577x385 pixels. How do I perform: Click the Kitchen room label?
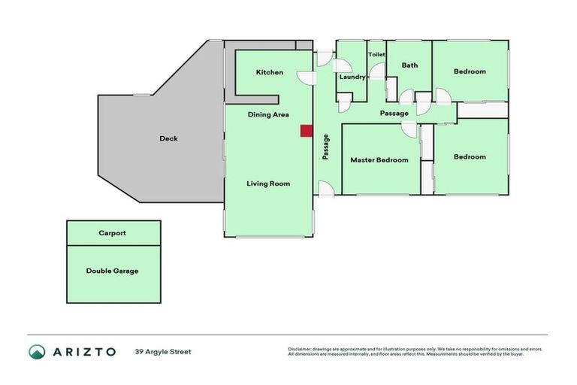(x=270, y=72)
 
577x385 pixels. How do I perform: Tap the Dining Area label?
(x=269, y=115)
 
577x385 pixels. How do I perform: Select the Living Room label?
(x=268, y=183)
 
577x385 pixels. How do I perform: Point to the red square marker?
(x=306, y=131)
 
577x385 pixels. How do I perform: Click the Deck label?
(x=168, y=138)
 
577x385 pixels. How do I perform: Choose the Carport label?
(x=113, y=233)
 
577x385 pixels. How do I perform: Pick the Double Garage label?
(x=113, y=271)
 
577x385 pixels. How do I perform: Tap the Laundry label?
(x=352, y=77)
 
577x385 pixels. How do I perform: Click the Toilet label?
(x=376, y=55)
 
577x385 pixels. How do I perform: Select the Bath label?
(x=409, y=65)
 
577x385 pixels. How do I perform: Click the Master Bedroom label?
(x=379, y=160)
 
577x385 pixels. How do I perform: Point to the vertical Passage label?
(x=326, y=147)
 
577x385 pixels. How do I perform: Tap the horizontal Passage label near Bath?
(x=394, y=114)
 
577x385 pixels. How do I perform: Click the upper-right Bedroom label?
(x=470, y=72)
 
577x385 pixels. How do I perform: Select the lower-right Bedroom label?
(x=470, y=157)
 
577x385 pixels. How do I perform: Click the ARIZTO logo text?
(x=84, y=351)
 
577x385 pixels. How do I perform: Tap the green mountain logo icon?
(x=37, y=351)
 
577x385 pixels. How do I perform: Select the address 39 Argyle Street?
(x=163, y=351)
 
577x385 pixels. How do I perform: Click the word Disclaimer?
(x=301, y=349)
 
